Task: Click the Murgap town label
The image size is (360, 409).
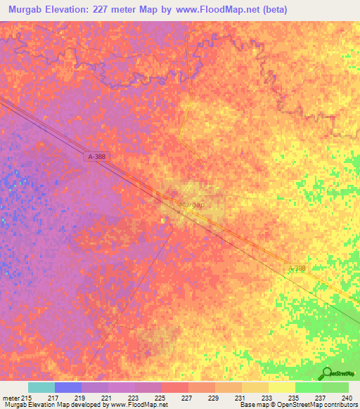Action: (x=191, y=205)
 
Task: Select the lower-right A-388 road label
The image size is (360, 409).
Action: (x=297, y=268)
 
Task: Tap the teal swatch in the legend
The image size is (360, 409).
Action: (x=41, y=387)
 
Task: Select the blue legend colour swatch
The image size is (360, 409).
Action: (x=68, y=387)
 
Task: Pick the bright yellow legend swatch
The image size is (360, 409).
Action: (x=281, y=387)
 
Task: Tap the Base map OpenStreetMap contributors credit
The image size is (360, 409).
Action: (x=297, y=405)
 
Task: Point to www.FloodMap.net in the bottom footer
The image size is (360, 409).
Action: (x=136, y=405)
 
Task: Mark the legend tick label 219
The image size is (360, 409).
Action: (x=80, y=398)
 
